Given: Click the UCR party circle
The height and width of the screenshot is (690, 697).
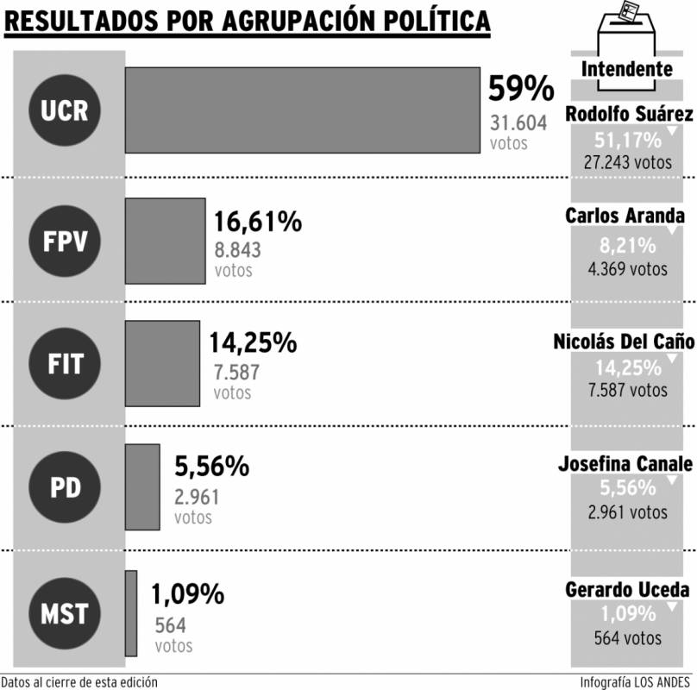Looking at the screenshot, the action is (65, 110).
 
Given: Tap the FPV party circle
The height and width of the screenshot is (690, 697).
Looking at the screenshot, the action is (65, 241).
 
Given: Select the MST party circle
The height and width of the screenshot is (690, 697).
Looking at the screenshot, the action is (65, 613).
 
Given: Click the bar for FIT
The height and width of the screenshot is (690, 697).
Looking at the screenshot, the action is (162, 363).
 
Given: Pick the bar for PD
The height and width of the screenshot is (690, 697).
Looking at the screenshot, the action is (142, 486).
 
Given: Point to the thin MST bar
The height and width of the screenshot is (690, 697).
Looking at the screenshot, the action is (131, 613).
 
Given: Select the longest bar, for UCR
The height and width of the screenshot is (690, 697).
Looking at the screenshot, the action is (302, 110).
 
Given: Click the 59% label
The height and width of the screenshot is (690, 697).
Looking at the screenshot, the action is (521, 89).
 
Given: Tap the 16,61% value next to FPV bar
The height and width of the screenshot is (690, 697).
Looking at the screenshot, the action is (258, 222).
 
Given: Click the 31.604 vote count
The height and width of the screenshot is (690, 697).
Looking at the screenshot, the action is (518, 122).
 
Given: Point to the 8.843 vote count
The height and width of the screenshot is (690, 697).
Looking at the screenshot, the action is (237, 250).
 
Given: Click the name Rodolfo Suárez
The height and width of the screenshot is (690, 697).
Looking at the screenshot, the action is (629, 114).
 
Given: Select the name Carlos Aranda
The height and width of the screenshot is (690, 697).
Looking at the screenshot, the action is (625, 216).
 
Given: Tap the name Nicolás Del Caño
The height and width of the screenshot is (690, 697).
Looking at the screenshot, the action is (624, 342).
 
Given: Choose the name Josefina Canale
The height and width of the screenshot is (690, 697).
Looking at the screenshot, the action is (625, 464).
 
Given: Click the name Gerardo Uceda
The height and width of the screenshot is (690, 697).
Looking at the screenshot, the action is (627, 590).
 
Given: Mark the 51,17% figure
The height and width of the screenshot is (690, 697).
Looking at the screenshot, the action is (628, 141).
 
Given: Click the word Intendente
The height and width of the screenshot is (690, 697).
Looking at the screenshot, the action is (627, 69).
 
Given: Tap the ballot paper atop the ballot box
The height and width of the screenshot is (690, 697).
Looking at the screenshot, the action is (628, 10).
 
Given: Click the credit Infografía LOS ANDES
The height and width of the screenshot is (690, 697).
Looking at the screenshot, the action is (635, 682).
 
